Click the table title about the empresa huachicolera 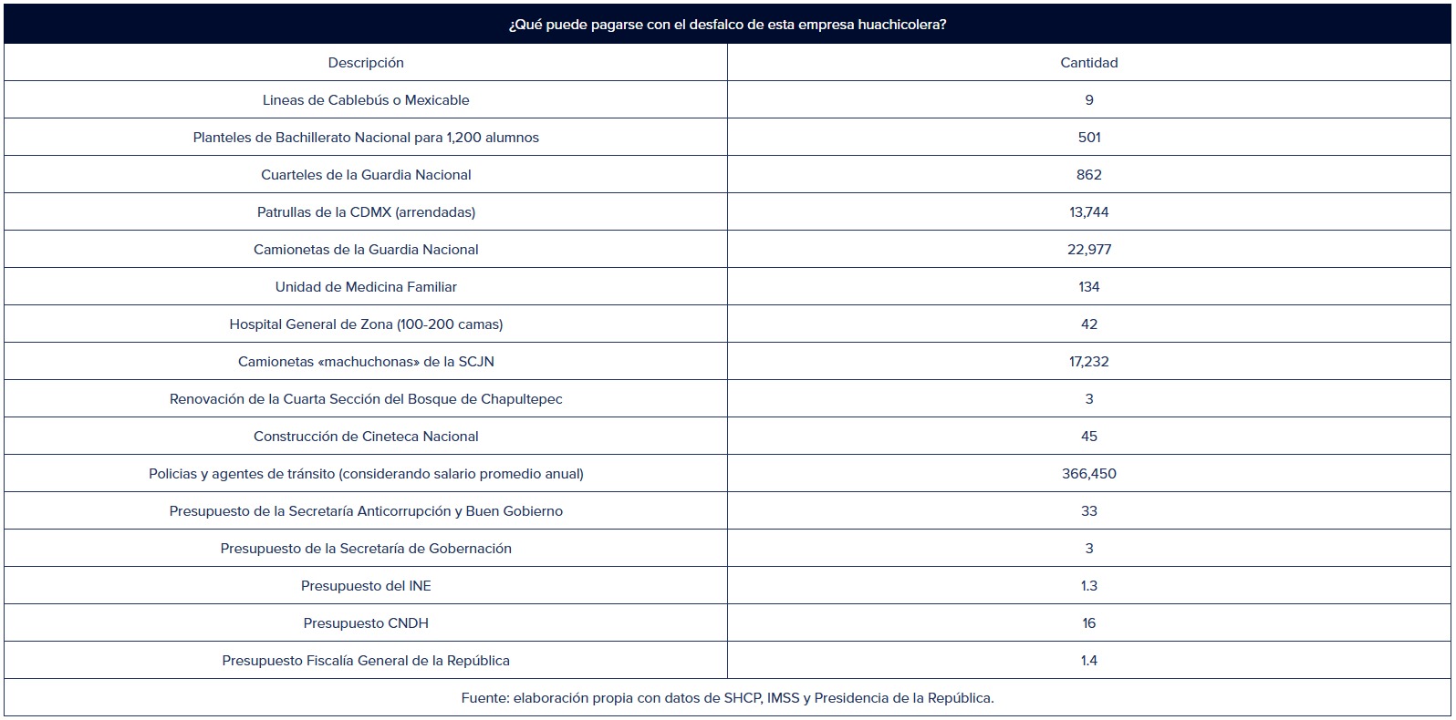[x=727, y=25]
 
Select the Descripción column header [x=366, y=63]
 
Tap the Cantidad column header [x=1088, y=63]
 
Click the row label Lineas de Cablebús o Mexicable [x=366, y=100]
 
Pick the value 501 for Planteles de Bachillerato [x=1088, y=138]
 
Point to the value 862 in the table [x=1088, y=175]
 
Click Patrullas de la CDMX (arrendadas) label [x=366, y=212]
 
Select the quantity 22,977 [x=1088, y=250]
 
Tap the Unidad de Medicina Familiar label [x=366, y=287]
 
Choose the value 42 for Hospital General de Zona [x=1088, y=324]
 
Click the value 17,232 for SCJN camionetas [x=1088, y=362]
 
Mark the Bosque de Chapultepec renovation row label [x=366, y=399]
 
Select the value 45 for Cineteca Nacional [x=1088, y=437]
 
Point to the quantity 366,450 [x=1088, y=474]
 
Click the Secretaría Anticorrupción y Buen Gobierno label [x=366, y=511]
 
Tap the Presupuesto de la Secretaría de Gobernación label [x=366, y=549]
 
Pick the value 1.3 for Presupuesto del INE [x=1088, y=586]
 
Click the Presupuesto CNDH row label [x=366, y=623]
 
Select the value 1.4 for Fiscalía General [x=1088, y=661]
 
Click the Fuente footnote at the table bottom [x=727, y=698]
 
